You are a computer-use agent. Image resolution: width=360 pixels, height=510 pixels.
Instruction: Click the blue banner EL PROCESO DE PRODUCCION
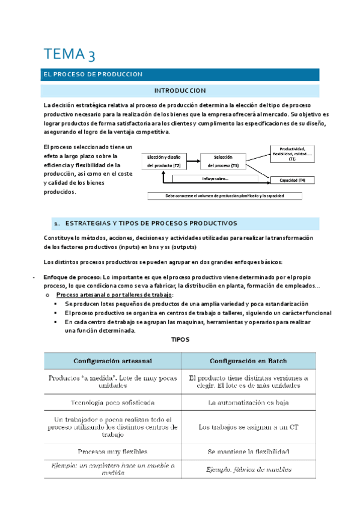click(x=90, y=75)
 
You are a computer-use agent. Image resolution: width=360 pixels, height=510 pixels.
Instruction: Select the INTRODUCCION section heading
click(x=180, y=91)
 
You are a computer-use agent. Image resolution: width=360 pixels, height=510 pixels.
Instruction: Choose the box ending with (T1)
click(x=291, y=154)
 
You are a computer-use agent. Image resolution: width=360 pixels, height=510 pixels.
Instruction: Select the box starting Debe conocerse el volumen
click(x=225, y=196)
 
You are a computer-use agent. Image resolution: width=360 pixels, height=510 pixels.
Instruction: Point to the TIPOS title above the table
click(x=180, y=340)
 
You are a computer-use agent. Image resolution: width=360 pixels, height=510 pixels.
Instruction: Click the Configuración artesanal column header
click(x=112, y=361)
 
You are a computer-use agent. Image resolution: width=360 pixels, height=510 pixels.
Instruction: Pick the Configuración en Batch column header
click(x=248, y=361)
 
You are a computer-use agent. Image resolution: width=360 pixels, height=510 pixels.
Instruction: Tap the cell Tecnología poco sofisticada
click(x=112, y=401)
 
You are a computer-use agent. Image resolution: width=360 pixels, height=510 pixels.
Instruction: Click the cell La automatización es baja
click(x=248, y=401)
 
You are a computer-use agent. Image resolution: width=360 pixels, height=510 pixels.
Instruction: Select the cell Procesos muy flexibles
click(x=112, y=451)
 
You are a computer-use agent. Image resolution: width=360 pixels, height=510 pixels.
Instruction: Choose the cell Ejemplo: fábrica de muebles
click(x=248, y=469)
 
